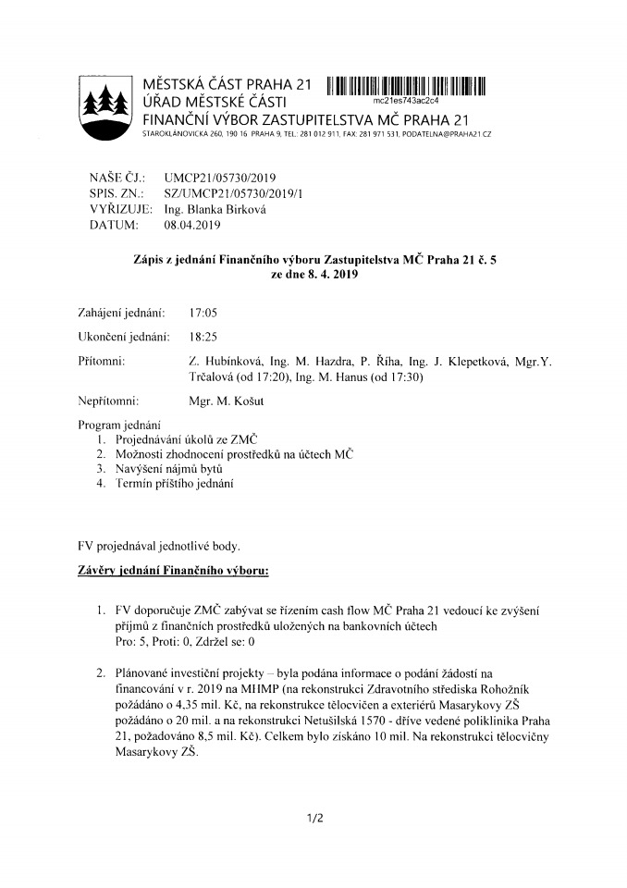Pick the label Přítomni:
click(103, 359)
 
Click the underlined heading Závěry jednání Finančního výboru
click(173, 571)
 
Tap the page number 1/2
click(313, 818)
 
